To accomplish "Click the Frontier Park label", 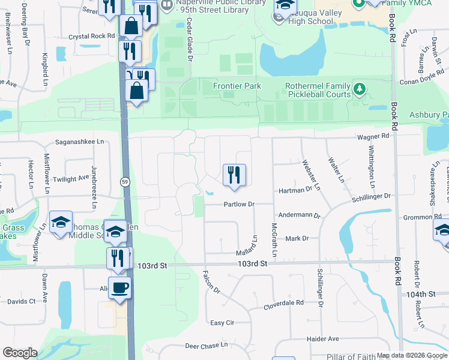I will pyautogui.click(x=237, y=86).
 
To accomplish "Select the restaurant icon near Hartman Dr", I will pyautogui.click(x=234, y=175).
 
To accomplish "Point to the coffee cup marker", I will pyautogui.click(x=119, y=287).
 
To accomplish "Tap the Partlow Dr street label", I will pyautogui.click(x=240, y=205).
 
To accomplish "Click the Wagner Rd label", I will pyautogui.click(x=373, y=136).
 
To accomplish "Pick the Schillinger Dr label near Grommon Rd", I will pyautogui.click(x=370, y=196).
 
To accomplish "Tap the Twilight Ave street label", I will pyautogui.click(x=70, y=179).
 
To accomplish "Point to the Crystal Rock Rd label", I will pyautogui.click(x=91, y=36).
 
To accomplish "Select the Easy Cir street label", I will pyautogui.click(x=222, y=323).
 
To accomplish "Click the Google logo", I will pyautogui.click(x=20, y=353).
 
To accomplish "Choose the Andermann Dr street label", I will pyautogui.click(x=300, y=215).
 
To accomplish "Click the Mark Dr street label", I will pyautogui.click(x=297, y=239).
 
